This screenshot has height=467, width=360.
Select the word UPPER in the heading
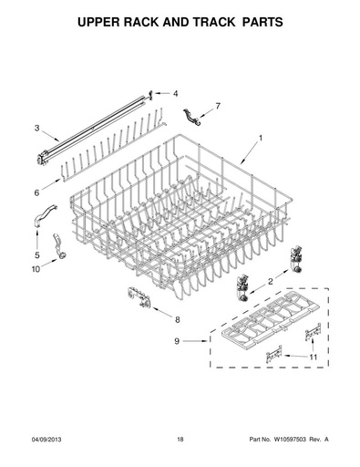point(98,22)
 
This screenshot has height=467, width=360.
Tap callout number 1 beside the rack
point(261,139)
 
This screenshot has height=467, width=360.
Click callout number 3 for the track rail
point(36,129)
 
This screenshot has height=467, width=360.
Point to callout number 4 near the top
point(176,94)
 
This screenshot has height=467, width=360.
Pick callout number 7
point(218,106)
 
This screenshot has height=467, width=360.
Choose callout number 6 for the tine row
point(36,192)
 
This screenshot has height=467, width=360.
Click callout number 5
point(37,254)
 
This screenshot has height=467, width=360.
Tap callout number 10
point(36,269)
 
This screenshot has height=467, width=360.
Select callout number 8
point(177,319)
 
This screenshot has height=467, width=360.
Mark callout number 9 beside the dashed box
point(177,341)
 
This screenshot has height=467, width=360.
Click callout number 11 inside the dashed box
point(314,357)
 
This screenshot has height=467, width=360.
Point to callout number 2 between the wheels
point(271,282)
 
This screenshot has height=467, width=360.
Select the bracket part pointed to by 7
point(192,117)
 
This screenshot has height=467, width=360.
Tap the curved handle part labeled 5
point(44,215)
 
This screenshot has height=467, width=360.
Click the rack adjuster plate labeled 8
point(139,298)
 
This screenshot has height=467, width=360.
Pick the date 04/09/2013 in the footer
point(46,440)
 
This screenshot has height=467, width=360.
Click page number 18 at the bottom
point(180,440)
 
